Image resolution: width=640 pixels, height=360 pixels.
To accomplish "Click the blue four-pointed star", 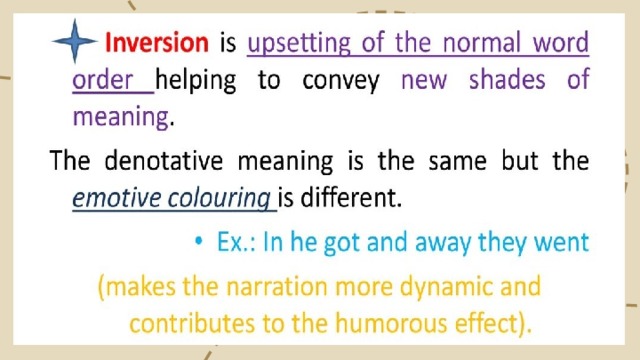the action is click(75, 41).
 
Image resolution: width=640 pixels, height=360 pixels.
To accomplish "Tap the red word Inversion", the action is click(157, 42).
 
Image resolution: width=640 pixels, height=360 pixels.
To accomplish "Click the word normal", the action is click(481, 42).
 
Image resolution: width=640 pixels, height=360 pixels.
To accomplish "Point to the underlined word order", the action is click(102, 79).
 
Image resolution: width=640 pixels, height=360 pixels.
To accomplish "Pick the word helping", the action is click(196, 80).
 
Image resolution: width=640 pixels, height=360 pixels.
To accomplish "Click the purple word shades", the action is click(507, 79).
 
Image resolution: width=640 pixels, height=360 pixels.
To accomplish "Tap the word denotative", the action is click(164, 160).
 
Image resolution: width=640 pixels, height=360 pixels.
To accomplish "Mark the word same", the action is click(458, 162).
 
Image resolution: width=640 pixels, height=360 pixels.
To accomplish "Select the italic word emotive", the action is click(116, 198).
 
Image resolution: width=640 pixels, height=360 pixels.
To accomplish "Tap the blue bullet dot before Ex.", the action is click(199, 241).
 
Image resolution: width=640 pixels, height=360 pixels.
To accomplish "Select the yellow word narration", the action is click(277, 286).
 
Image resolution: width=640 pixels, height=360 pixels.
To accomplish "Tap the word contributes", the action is click(192, 323).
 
